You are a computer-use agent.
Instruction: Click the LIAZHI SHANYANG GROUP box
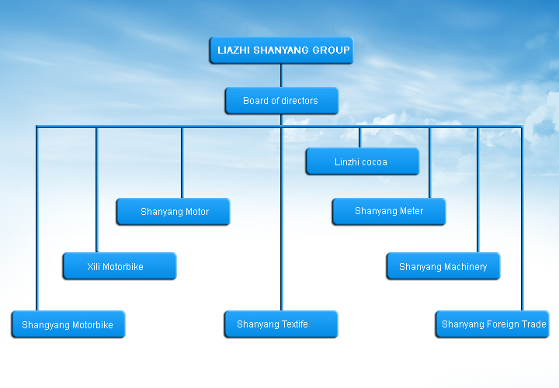[281, 50]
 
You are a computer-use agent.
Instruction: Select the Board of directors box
[281, 101]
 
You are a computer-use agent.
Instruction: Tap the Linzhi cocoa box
[362, 162]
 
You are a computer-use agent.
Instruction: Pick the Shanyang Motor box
[173, 212]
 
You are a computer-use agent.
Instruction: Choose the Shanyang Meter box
[388, 211]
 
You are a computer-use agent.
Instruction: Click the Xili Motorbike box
[119, 266]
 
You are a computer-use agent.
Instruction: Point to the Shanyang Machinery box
[443, 266]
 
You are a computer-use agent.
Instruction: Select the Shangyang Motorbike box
[68, 324]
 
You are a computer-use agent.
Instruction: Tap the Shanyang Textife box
[281, 324]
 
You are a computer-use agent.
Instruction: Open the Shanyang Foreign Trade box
[492, 324]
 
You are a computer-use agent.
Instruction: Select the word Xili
[93, 267]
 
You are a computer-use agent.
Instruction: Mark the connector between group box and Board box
[281, 75]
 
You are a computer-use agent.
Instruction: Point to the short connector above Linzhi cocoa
[359, 137]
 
